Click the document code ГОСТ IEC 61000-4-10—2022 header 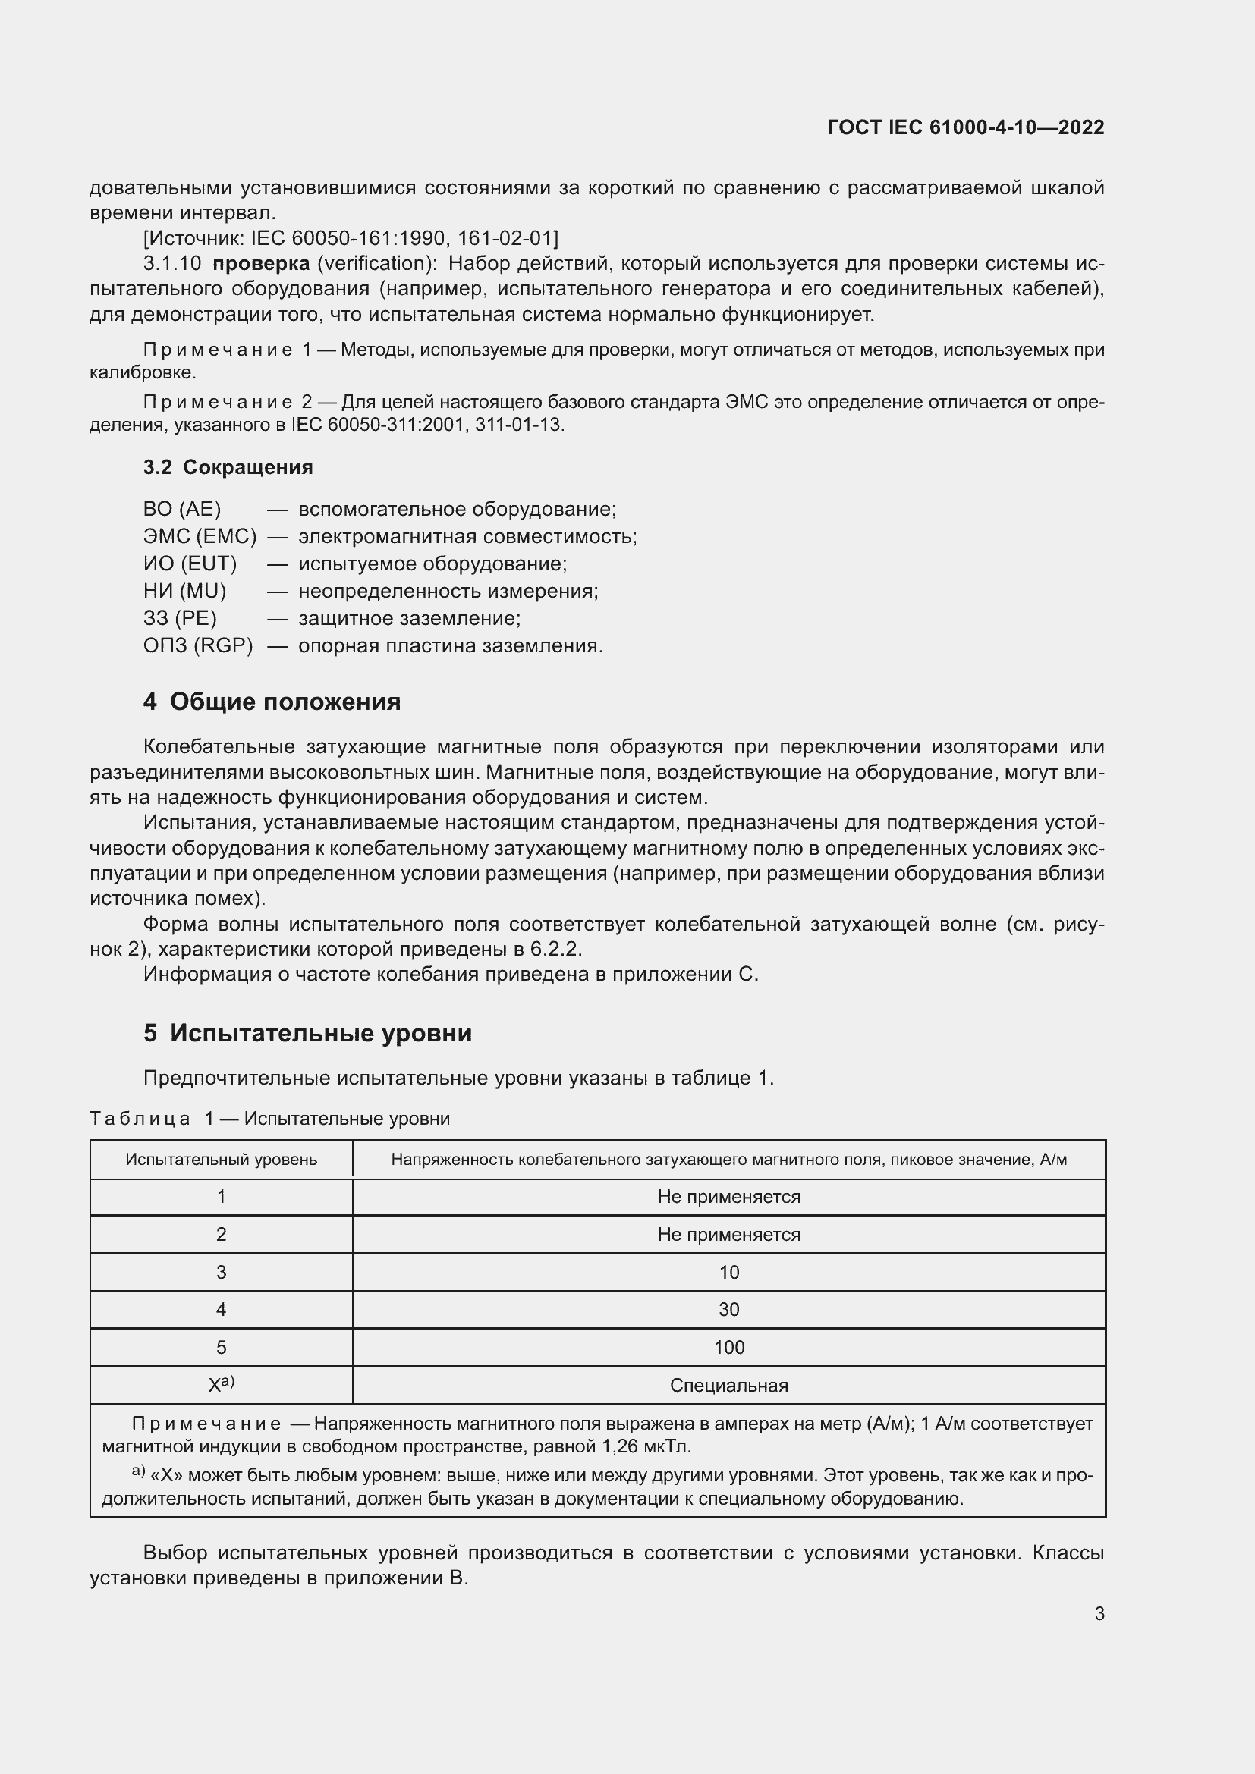pyautogui.click(x=965, y=127)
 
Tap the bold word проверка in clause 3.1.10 pyautogui.click(x=260, y=263)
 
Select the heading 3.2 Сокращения pyautogui.click(x=228, y=466)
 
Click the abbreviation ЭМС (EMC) pyautogui.click(x=200, y=536)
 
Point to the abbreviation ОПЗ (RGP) pyautogui.click(x=198, y=645)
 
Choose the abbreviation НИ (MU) pyautogui.click(x=184, y=591)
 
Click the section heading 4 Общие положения pyautogui.click(x=272, y=702)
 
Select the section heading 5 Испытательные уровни pyautogui.click(x=307, y=1033)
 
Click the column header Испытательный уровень pyautogui.click(x=221, y=1159)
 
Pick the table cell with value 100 pyautogui.click(x=728, y=1348)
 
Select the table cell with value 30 pyautogui.click(x=728, y=1310)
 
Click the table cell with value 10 pyautogui.click(x=728, y=1272)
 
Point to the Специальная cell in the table pyautogui.click(x=728, y=1386)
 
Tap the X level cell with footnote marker pyautogui.click(x=221, y=1386)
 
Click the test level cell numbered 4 pyautogui.click(x=221, y=1310)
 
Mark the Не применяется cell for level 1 pyautogui.click(x=728, y=1197)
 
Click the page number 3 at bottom pyautogui.click(x=1099, y=1613)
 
